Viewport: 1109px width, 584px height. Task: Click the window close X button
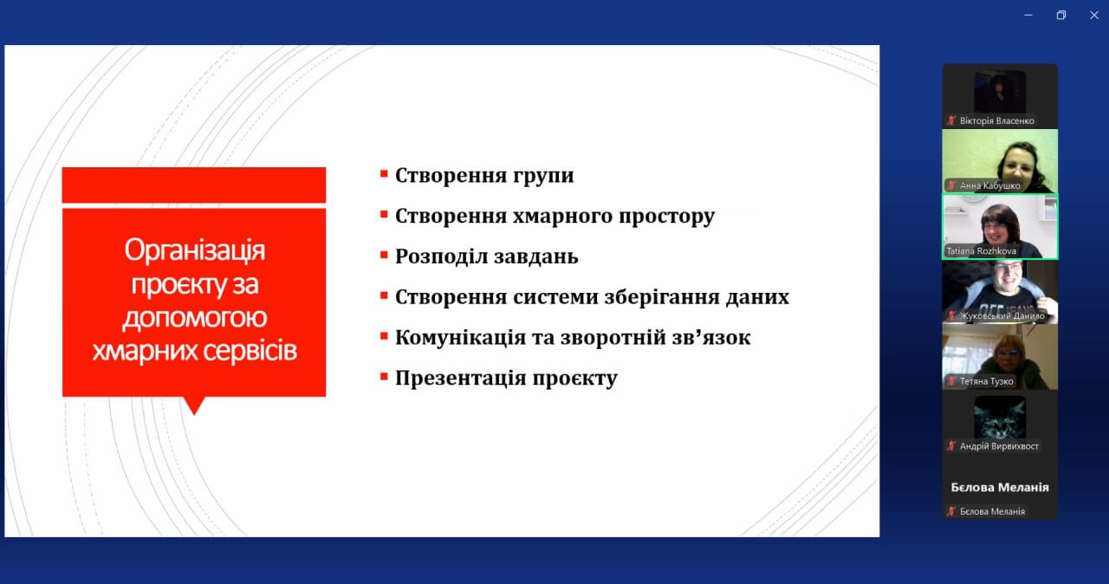pyautogui.click(x=1094, y=16)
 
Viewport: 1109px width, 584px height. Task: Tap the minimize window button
pyautogui.click(x=1028, y=16)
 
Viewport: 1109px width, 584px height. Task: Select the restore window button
pyautogui.click(x=1061, y=16)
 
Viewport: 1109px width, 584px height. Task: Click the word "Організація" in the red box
pyautogui.click(x=195, y=250)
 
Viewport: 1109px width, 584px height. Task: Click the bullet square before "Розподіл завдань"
pyautogui.click(x=384, y=255)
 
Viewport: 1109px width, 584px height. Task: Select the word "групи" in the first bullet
pyautogui.click(x=543, y=176)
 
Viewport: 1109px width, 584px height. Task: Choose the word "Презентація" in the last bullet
pyautogui.click(x=460, y=378)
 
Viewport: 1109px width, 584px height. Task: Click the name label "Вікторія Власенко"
pyautogui.click(x=996, y=120)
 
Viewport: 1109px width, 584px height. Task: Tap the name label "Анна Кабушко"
pyautogui.click(x=989, y=185)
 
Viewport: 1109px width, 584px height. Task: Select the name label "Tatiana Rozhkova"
pyautogui.click(x=982, y=251)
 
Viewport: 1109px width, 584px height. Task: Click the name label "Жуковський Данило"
pyautogui.click(x=1002, y=315)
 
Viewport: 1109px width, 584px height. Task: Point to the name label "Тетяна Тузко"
pyautogui.click(x=986, y=381)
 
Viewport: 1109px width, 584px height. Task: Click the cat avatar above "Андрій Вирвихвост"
pyautogui.click(x=1000, y=417)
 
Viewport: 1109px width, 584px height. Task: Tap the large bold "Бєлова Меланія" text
pyautogui.click(x=1000, y=488)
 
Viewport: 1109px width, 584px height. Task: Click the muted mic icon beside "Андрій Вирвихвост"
pyautogui.click(x=951, y=446)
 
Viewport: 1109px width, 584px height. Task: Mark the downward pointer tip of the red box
pyautogui.click(x=194, y=414)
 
